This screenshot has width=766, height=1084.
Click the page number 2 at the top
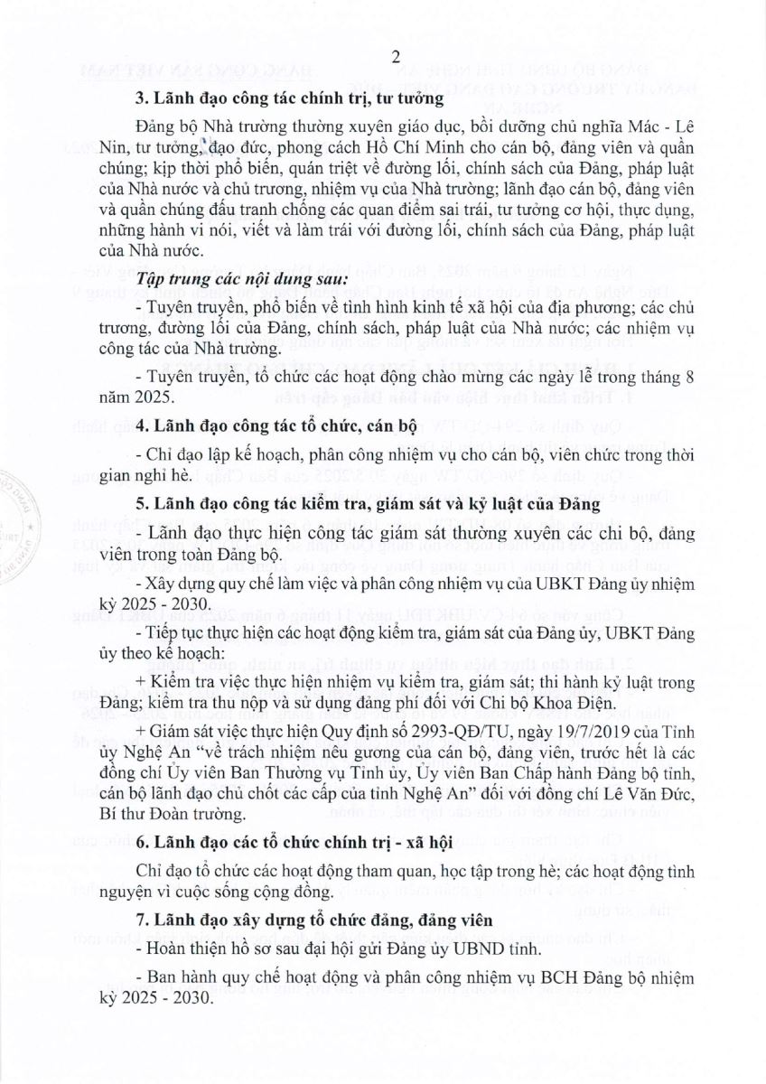(x=396, y=57)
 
